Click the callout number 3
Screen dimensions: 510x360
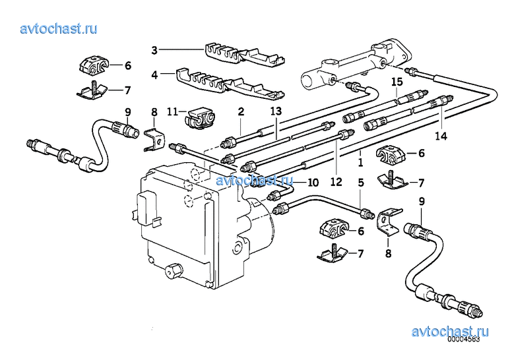click(x=154, y=50)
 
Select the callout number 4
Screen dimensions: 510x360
click(x=154, y=75)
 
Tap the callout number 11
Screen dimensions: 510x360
click(x=172, y=112)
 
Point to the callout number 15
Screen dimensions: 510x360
click(x=397, y=82)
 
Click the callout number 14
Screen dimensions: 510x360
click(x=441, y=136)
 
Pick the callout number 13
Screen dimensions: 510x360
click(x=276, y=111)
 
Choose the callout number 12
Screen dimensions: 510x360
click(x=336, y=182)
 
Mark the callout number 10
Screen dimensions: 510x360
click(x=313, y=183)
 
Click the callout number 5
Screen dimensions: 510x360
click(x=361, y=183)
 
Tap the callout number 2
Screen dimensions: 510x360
click(x=241, y=111)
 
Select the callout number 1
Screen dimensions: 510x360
click(x=360, y=162)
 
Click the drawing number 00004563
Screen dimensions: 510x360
click(x=463, y=339)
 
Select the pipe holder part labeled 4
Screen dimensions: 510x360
click(x=230, y=84)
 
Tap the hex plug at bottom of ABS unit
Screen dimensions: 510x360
click(x=174, y=270)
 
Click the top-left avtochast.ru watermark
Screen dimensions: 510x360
click(x=59, y=29)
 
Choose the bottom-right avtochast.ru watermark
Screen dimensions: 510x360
click(x=450, y=332)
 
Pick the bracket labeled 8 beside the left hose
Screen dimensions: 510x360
click(x=154, y=140)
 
